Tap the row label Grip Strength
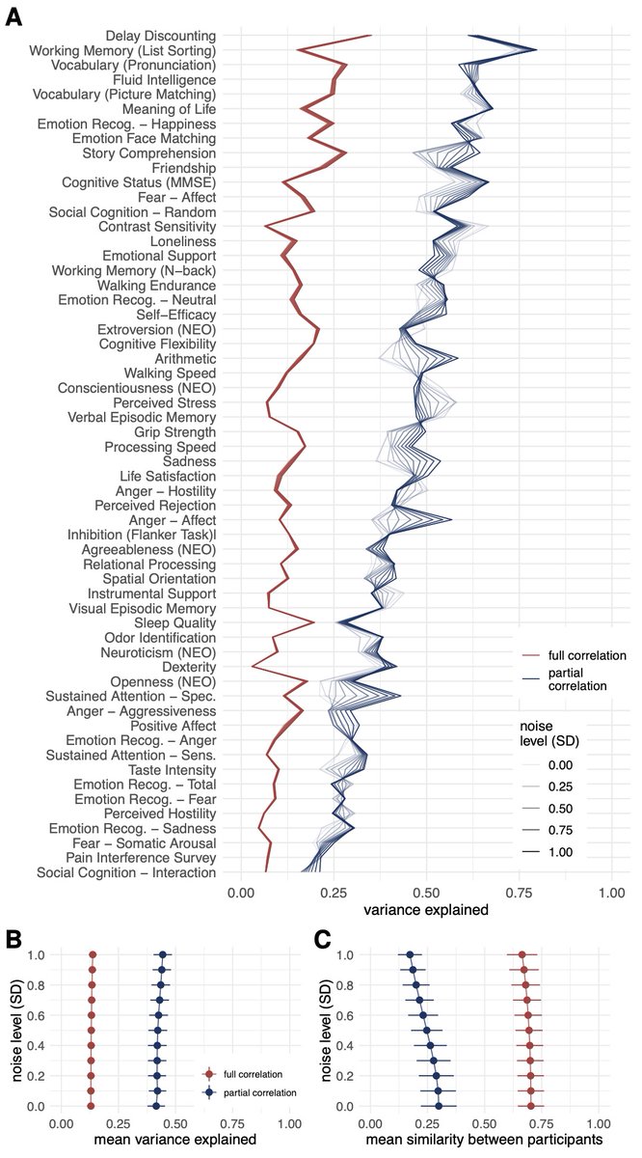175,432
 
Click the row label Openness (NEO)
166,682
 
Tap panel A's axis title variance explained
425,910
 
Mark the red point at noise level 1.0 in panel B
93,955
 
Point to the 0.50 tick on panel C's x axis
484,1124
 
